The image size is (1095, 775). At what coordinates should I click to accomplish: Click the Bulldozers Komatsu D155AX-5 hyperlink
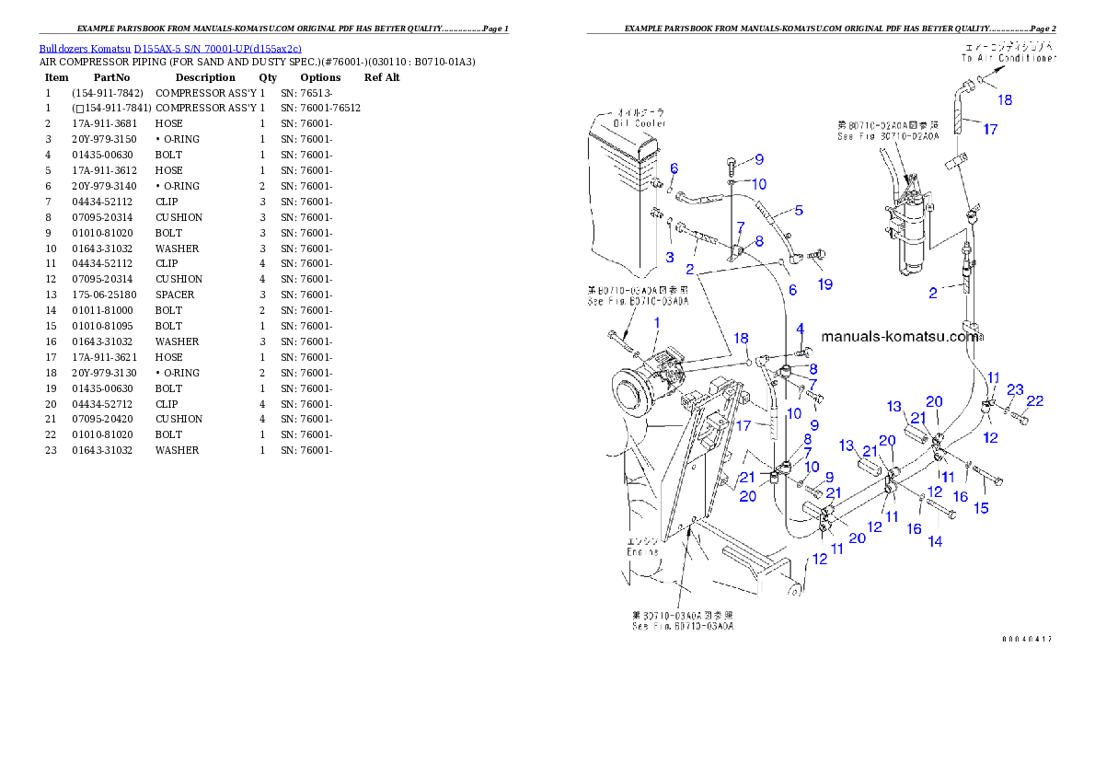[170, 49]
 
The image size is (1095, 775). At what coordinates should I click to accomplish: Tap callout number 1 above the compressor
[657, 321]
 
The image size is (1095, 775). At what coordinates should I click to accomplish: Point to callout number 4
[800, 329]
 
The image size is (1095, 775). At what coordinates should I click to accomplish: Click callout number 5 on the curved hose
[799, 210]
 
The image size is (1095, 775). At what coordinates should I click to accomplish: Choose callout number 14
[935, 541]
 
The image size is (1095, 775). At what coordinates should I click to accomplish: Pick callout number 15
[982, 508]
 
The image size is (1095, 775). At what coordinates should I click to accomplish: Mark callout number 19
[825, 284]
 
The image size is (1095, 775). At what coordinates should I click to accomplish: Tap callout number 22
[1035, 400]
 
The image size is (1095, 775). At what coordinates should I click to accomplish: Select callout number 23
[1015, 388]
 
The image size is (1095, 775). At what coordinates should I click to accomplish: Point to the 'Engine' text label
[644, 552]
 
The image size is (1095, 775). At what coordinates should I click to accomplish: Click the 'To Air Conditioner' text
[1008, 57]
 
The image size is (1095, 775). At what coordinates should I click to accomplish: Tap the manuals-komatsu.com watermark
[899, 337]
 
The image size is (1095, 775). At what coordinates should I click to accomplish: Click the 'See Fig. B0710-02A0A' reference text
[888, 136]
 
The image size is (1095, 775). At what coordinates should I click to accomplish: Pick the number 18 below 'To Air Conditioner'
[1004, 99]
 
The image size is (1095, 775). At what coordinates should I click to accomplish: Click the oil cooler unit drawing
[626, 193]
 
